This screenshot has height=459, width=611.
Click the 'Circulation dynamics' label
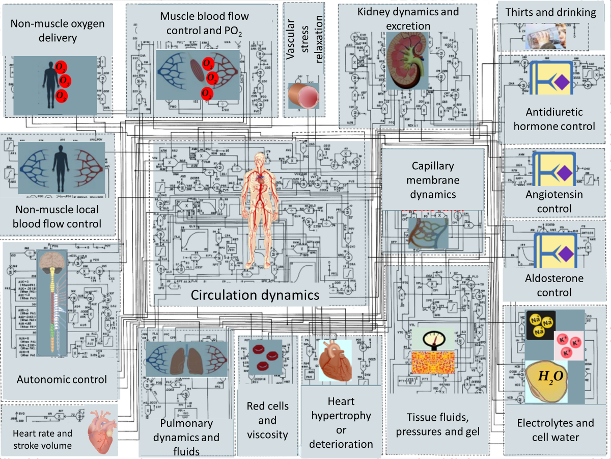pyautogui.click(x=255, y=295)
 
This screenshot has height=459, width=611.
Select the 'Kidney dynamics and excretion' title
pyautogui.click(x=408, y=18)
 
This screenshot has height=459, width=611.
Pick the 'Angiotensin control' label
pyautogui.click(x=554, y=201)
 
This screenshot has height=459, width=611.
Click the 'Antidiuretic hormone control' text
pyautogui.click(x=554, y=119)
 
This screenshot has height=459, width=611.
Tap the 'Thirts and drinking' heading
pyautogui.click(x=550, y=13)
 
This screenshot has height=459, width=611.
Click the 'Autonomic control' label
pyautogui.click(x=62, y=379)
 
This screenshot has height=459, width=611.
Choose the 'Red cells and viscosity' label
pyautogui.click(x=267, y=421)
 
